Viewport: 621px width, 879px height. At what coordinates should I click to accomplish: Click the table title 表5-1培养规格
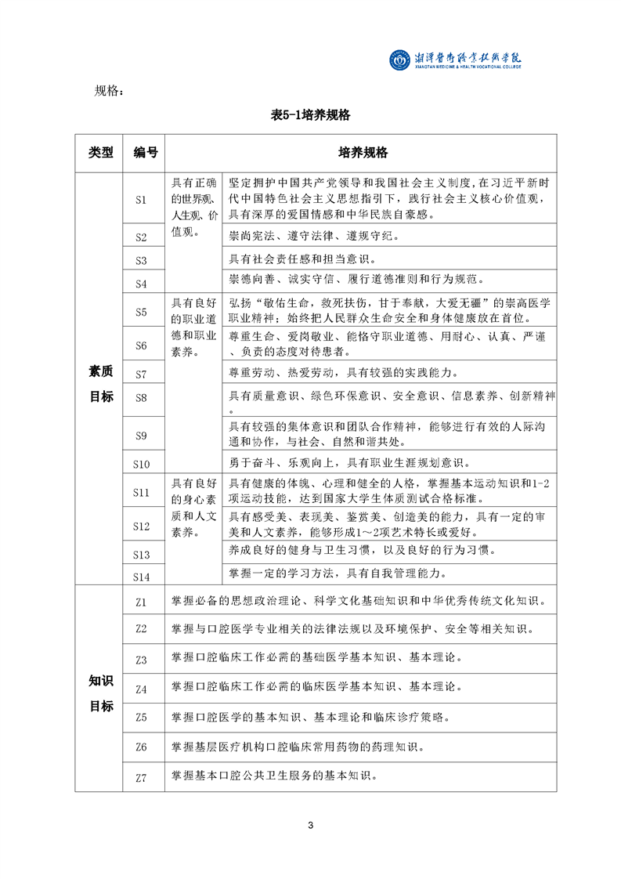[309, 115]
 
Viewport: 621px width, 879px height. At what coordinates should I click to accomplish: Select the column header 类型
[100, 152]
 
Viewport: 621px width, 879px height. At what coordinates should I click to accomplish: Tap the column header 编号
[145, 152]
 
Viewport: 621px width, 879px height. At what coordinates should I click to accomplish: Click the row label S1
[141, 199]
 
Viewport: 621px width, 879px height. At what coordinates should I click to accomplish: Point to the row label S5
[141, 312]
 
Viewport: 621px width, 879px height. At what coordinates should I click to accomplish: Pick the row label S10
[141, 464]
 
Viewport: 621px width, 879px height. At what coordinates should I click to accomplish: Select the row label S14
[141, 576]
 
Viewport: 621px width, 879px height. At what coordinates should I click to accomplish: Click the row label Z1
[141, 602]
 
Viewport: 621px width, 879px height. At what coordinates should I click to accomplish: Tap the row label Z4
[141, 689]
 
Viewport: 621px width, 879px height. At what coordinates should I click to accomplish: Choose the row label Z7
[141, 777]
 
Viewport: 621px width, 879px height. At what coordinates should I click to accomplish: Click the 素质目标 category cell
[100, 385]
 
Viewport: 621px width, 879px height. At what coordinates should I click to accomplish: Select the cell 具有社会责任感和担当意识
[305, 259]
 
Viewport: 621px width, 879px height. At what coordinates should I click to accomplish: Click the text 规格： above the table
[109, 91]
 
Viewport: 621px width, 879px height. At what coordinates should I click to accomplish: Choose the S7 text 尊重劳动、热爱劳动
[345, 373]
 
